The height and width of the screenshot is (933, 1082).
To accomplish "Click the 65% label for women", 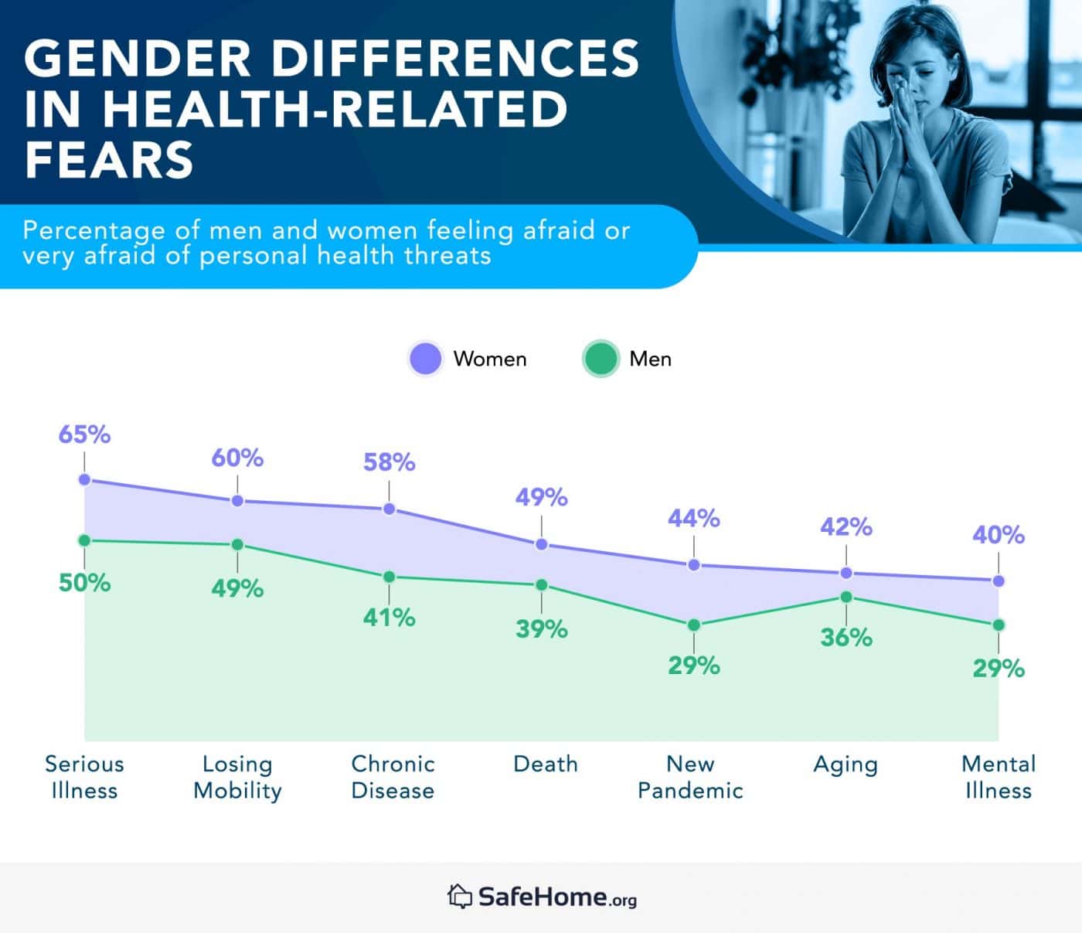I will (x=84, y=434).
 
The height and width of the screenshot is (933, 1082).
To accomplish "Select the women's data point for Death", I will (x=542, y=544).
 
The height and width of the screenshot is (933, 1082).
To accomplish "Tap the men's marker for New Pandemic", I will (x=694, y=625).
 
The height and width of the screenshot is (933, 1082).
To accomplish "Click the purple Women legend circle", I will (x=425, y=359).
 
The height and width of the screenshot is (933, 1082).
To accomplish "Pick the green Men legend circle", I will (x=601, y=359).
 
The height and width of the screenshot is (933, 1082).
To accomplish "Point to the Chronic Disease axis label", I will (x=393, y=777).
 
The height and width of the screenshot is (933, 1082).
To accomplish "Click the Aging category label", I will (x=846, y=764).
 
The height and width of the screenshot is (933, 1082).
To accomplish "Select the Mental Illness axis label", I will (x=998, y=777).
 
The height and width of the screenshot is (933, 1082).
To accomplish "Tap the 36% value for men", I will (x=846, y=638).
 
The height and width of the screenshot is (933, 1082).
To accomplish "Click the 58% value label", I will (x=390, y=462).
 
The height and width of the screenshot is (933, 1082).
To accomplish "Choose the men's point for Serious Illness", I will (x=84, y=540).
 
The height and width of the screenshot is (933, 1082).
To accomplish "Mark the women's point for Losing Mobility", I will (x=237, y=501).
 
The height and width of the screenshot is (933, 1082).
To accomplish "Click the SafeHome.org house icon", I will (x=459, y=896).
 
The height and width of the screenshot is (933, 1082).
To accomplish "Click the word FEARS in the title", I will (x=109, y=160).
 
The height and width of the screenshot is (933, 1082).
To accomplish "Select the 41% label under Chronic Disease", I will (x=390, y=618).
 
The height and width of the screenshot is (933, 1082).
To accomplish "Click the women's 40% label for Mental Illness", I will (x=998, y=535).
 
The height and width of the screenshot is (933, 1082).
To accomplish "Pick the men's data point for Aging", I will (x=846, y=597).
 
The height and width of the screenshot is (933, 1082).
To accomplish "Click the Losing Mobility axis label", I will (x=237, y=777).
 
